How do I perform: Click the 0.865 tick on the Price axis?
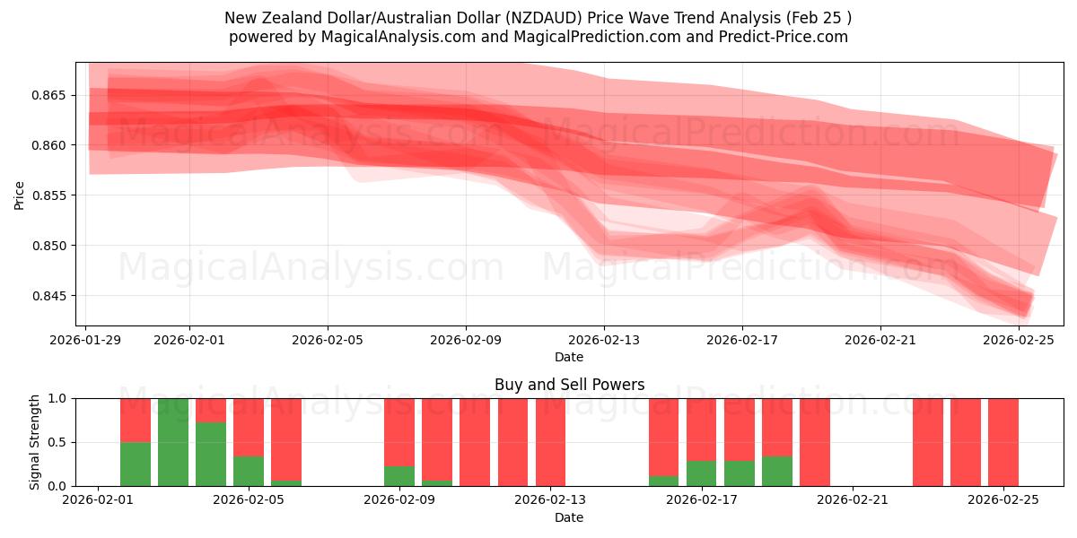point(56,95)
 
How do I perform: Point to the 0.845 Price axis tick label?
point(56,296)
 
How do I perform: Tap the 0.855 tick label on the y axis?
point(56,195)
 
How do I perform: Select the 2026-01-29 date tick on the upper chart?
point(86,340)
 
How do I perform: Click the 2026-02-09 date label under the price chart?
point(466,340)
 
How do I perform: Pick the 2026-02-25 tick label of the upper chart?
point(1019,340)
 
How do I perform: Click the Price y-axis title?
point(20,195)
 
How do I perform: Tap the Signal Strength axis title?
point(34,441)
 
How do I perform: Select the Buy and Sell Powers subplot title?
point(569,385)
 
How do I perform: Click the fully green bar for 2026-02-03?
point(173,442)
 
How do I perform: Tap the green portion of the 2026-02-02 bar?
point(136,464)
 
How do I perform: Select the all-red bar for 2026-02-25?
point(1003,442)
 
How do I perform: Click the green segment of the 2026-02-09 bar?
point(399,476)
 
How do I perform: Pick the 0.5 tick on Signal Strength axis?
point(57,442)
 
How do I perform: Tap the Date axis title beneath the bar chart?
point(569,517)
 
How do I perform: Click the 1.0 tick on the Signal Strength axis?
point(57,398)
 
